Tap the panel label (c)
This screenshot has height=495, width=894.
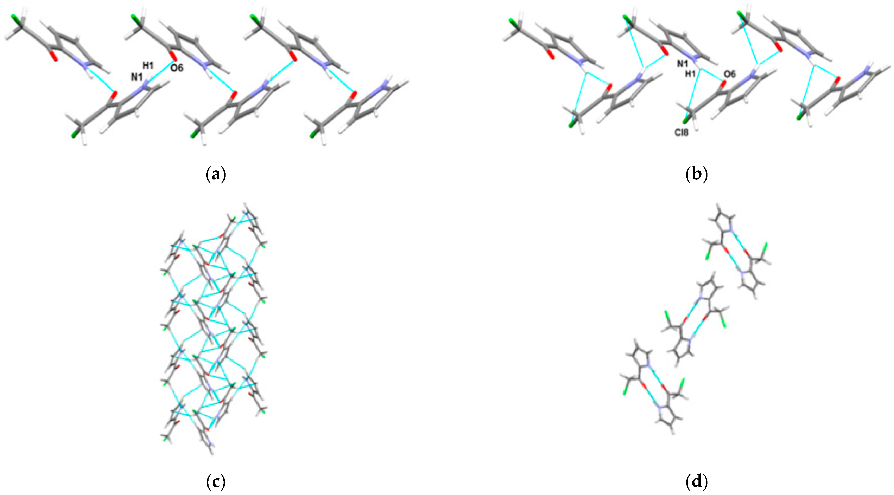216,482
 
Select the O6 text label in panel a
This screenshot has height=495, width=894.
177,68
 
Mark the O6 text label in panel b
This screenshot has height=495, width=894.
729,74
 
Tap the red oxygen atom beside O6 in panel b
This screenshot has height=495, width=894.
723,83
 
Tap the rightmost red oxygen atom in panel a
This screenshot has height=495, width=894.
353,94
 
